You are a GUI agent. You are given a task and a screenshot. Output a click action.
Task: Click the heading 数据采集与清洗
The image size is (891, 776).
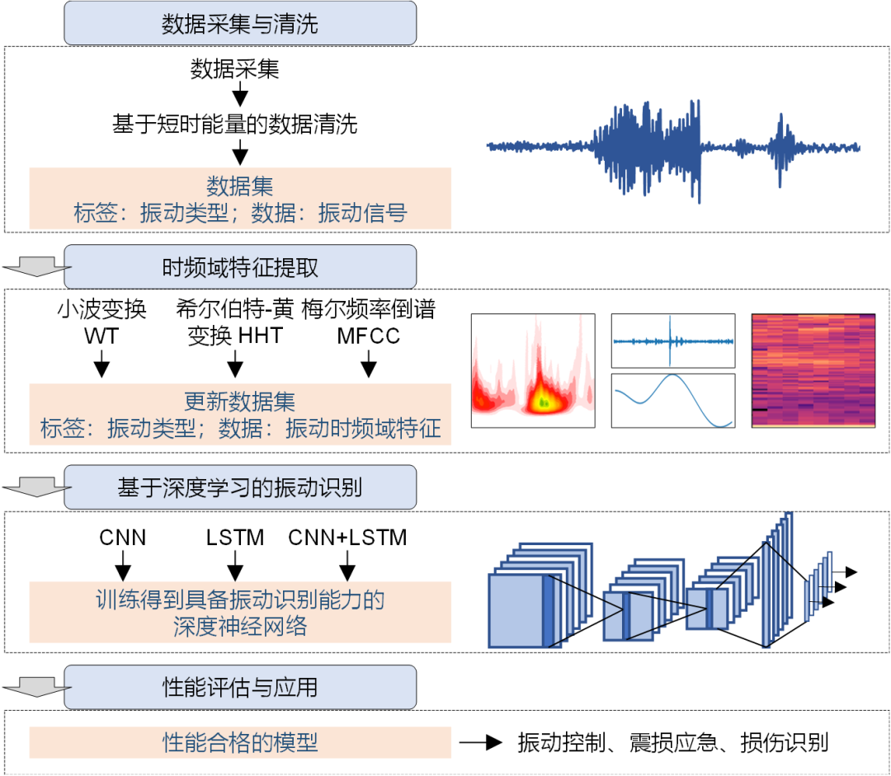(240, 24)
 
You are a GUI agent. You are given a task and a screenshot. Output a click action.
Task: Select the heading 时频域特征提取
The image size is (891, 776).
(240, 268)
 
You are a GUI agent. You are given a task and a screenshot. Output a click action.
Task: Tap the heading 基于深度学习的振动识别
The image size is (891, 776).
(240, 487)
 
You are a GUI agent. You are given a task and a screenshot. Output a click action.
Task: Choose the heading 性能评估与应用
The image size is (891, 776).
(240, 687)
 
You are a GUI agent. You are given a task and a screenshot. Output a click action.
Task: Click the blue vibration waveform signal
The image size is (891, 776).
(673, 148)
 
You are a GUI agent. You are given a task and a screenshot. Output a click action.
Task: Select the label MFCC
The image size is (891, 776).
(368, 336)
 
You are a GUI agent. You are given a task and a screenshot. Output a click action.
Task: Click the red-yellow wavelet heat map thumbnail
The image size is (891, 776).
(533, 370)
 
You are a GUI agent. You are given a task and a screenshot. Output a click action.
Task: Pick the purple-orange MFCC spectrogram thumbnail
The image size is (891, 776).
(813, 370)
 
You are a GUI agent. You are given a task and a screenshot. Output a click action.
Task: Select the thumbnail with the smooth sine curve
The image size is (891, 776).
(672, 400)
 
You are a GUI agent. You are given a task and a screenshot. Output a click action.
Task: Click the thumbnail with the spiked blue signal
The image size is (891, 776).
(672, 340)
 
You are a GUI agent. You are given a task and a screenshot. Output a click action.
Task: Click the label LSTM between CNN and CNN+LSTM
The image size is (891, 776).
(235, 538)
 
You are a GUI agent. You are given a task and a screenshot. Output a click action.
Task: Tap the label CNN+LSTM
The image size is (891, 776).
(347, 538)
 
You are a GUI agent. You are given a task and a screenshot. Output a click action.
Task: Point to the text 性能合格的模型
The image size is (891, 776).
(240, 742)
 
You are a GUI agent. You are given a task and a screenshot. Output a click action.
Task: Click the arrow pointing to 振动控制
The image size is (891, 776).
(481, 742)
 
